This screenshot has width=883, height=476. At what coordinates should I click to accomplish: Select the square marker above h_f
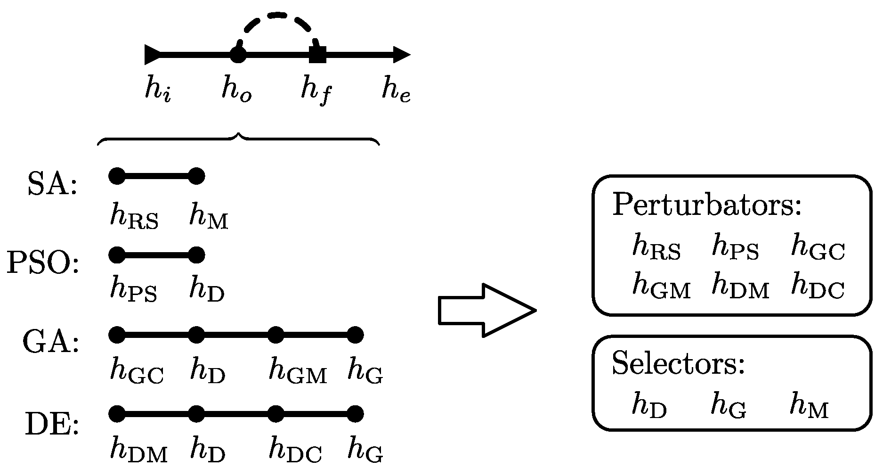pyautogui.click(x=318, y=55)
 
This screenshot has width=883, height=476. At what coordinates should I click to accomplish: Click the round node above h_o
pyautogui.click(x=238, y=55)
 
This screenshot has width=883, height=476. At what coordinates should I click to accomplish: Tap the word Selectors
pyautogui.click(x=678, y=364)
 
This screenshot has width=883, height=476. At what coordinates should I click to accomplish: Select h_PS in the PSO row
pyautogui.click(x=133, y=288)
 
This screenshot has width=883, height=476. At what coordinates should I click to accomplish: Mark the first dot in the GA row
pyautogui.click(x=117, y=335)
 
